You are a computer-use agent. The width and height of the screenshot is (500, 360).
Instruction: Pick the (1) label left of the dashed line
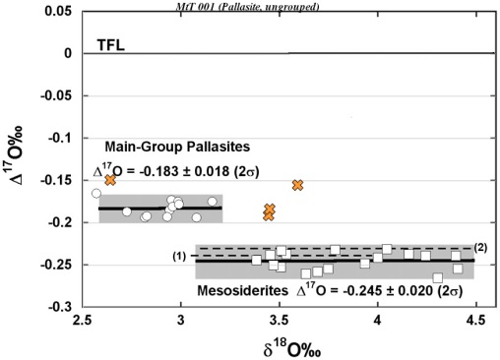click(179, 257)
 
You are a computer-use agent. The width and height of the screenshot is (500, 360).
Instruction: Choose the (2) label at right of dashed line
click(481, 246)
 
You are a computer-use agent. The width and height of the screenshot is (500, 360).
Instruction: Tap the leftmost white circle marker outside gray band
click(96, 194)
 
